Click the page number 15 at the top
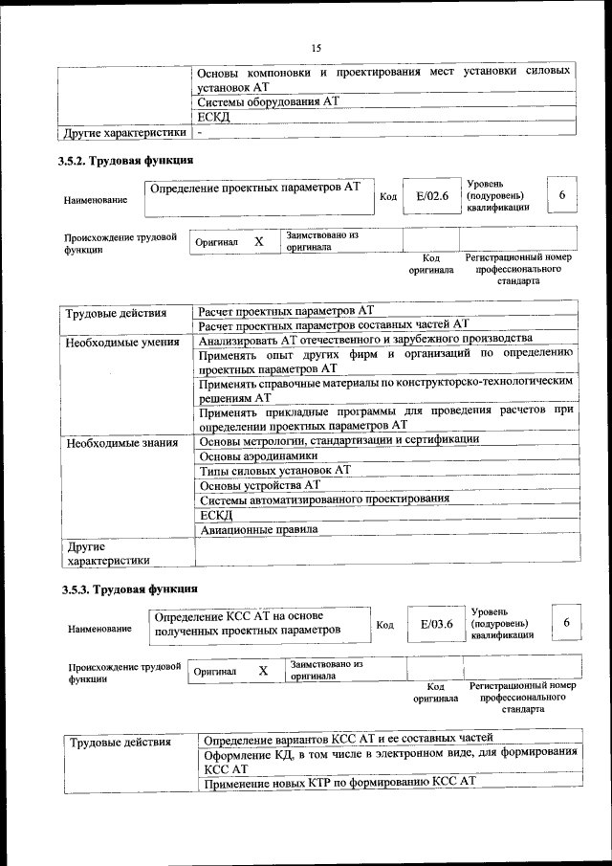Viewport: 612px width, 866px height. [x=317, y=49]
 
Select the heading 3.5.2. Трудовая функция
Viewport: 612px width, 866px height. [x=126, y=161]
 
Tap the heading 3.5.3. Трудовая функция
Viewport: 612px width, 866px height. [x=128, y=588]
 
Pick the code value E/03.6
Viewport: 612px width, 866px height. [x=435, y=625]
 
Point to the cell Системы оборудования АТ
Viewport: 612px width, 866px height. [x=269, y=101]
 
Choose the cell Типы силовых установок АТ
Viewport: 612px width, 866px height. [x=276, y=470]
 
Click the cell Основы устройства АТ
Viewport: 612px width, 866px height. [x=259, y=485]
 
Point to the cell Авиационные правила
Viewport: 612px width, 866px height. [x=259, y=529]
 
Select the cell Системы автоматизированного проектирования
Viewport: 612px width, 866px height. [x=325, y=500]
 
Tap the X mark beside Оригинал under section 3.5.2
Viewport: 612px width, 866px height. [x=258, y=242]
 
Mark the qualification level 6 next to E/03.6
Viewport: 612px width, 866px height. [x=567, y=623]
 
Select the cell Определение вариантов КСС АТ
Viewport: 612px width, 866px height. [x=348, y=739]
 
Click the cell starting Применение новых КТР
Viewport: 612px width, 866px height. [x=338, y=783]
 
